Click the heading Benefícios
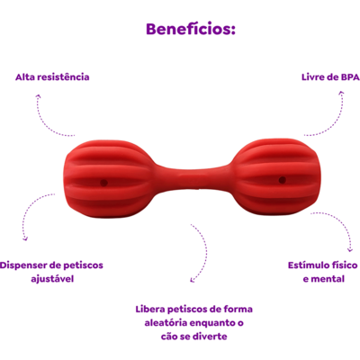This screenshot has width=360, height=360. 191,30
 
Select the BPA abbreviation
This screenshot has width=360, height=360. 350,77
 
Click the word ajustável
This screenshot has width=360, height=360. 52,279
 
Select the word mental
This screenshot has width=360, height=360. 328,279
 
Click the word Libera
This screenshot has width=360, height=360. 150,309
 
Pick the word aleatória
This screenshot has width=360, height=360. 166,323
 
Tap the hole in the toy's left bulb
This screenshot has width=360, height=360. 103,183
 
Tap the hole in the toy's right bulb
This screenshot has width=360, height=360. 283,180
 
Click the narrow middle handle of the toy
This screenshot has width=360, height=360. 193,177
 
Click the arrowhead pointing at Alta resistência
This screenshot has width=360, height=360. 38,96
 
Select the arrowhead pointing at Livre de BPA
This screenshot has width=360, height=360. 341,94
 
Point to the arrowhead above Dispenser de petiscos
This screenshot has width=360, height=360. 25,238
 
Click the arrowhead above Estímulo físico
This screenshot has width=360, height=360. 349,249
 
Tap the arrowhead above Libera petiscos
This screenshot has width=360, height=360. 193,280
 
